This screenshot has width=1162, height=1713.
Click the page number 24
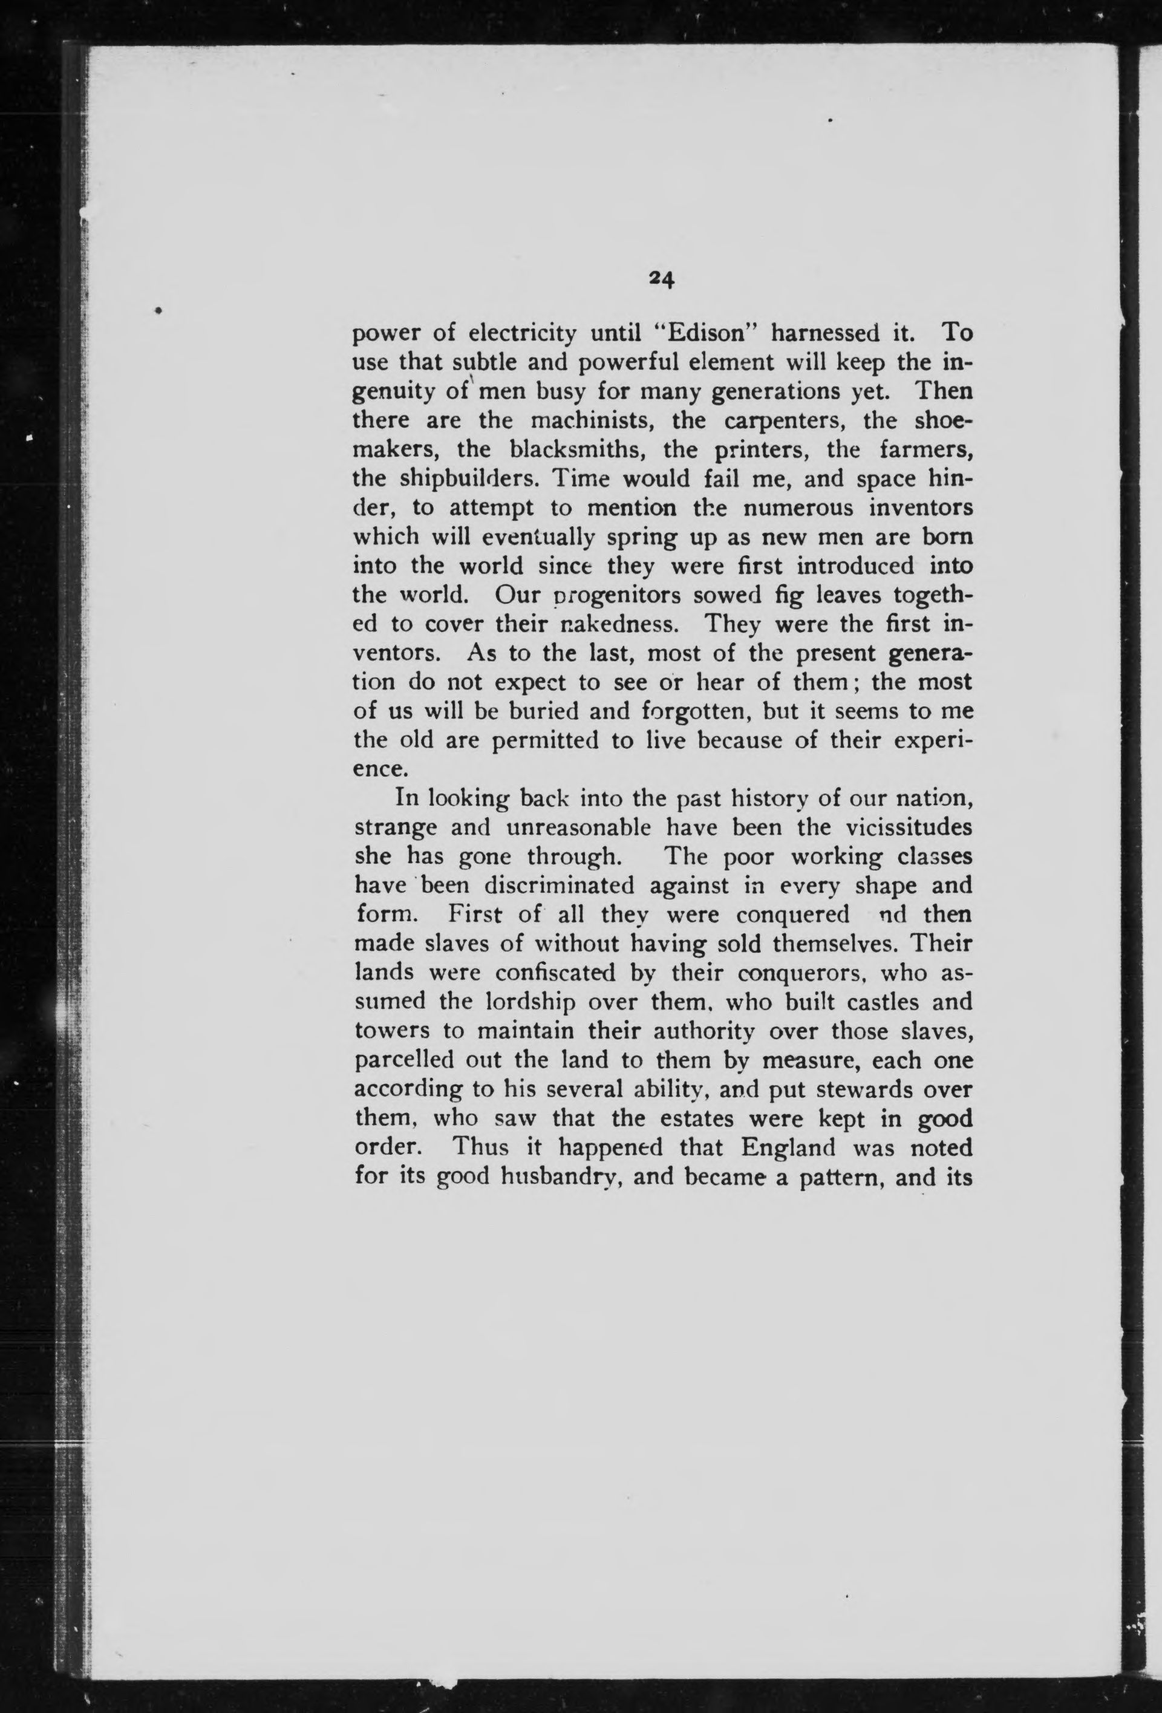pos(661,279)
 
